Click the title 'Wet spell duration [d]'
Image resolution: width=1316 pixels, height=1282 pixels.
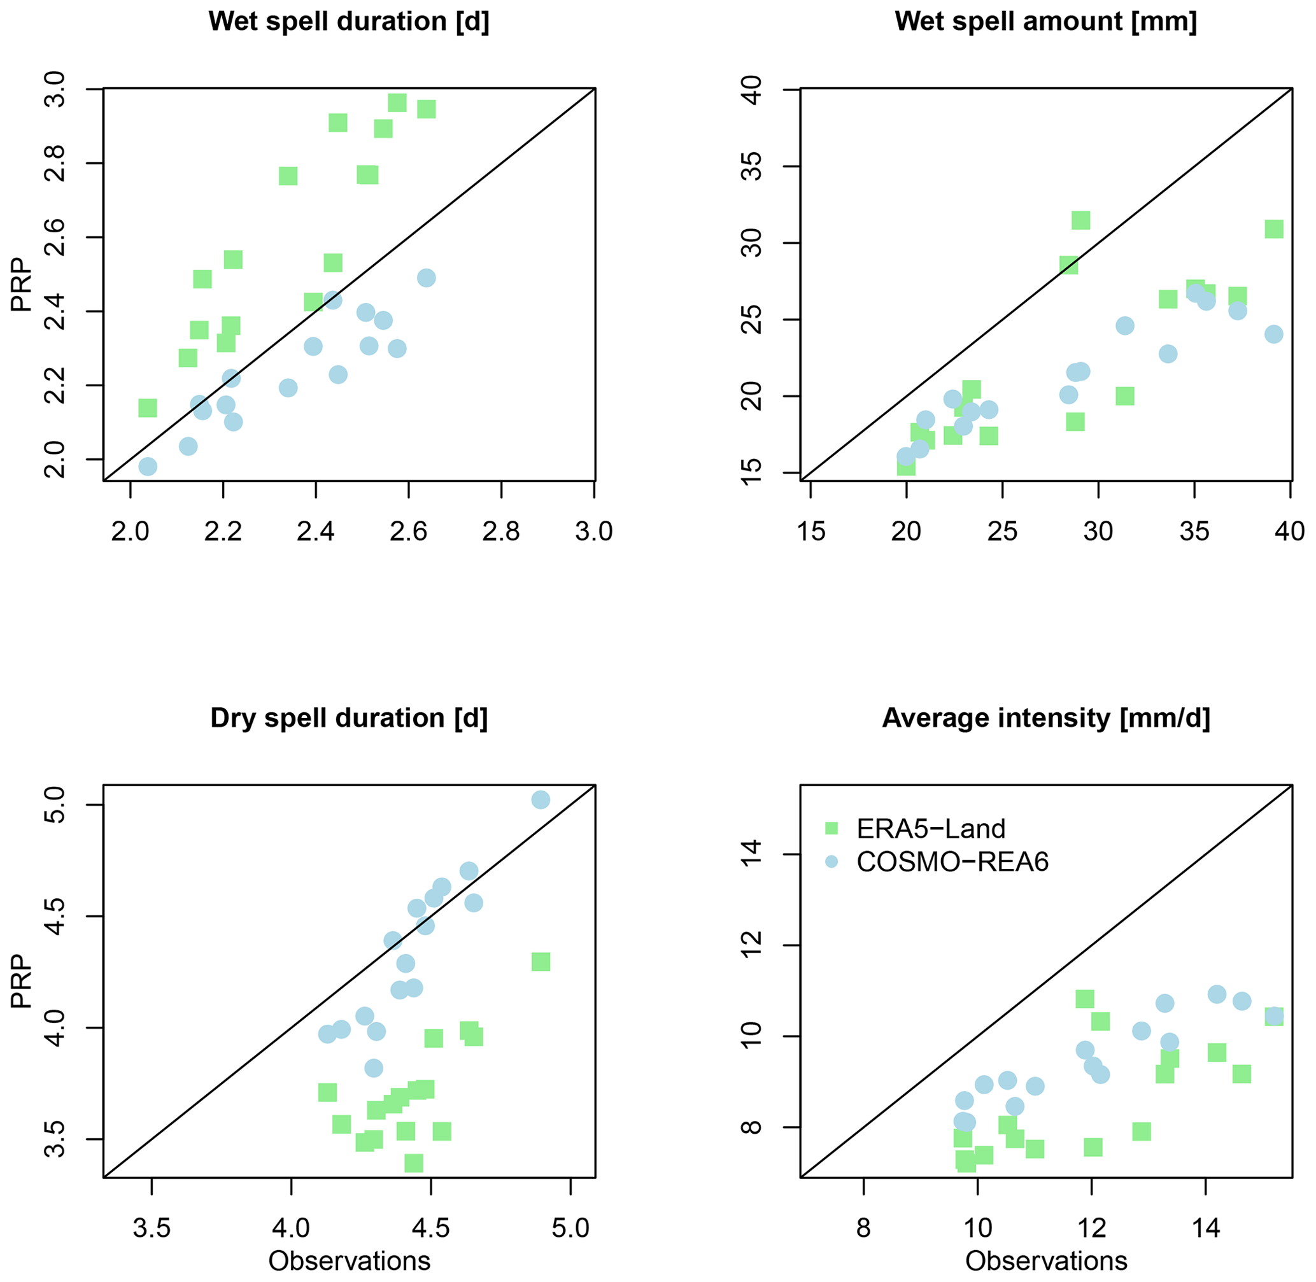click(349, 22)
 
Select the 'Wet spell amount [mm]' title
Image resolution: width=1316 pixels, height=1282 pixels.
click(1046, 22)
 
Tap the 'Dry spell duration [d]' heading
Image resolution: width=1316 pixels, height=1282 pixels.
click(349, 718)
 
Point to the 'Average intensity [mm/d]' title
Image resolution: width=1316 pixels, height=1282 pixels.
click(1046, 718)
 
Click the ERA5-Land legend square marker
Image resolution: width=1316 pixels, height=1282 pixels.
click(831, 828)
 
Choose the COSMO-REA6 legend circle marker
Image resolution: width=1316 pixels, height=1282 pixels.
click(831, 862)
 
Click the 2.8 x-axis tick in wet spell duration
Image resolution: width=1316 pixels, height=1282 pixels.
click(501, 532)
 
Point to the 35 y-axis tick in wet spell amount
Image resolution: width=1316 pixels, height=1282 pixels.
click(753, 166)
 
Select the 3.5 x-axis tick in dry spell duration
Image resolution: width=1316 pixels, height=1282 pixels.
click(152, 1228)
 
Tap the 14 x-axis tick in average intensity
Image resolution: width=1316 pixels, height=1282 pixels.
click(1206, 1228)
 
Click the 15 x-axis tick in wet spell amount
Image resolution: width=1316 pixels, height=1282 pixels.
click(810, 532)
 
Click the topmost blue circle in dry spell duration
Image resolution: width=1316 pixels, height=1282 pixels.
click(541, 800)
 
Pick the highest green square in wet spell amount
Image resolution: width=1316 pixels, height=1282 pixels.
click(1081, 220)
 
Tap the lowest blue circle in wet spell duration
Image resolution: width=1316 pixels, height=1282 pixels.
click(148, 467)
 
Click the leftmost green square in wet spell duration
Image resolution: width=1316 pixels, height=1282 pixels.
click(148, 408)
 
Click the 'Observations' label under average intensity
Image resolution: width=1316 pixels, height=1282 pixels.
click(1046, 1261)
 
